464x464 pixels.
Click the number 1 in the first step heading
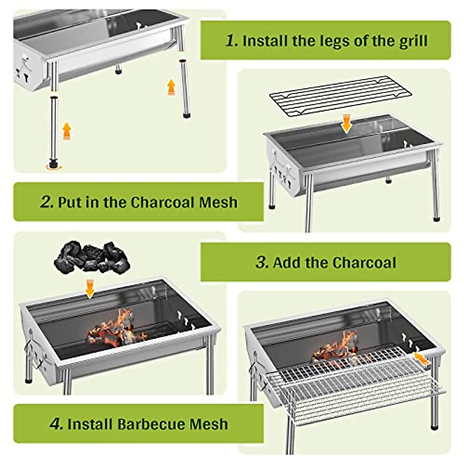point(232,41)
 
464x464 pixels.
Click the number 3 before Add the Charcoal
point(262,263)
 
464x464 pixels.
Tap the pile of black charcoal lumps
point(92,257)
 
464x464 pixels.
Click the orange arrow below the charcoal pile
point(90,288)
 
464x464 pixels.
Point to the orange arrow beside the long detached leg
point(67,131)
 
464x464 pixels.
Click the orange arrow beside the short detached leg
point(171,87)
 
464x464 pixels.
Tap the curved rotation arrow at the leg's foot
point(54,166)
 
